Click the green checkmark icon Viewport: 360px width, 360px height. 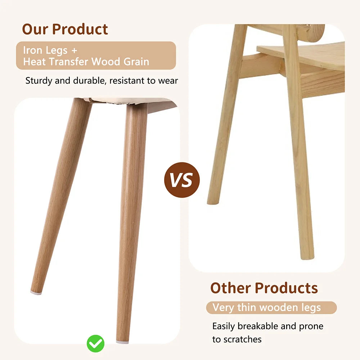[95, 344]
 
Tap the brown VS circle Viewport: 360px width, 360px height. [181, 180]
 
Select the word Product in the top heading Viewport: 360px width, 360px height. [81, 29]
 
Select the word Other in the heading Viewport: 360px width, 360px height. [230, 288]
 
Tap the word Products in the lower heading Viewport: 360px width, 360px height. [287, 288]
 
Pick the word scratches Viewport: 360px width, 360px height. [242, 339]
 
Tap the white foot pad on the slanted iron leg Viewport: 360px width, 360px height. [36, 293]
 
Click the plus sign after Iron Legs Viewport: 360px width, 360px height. [75, 50]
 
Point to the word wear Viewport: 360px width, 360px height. [168, 81]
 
